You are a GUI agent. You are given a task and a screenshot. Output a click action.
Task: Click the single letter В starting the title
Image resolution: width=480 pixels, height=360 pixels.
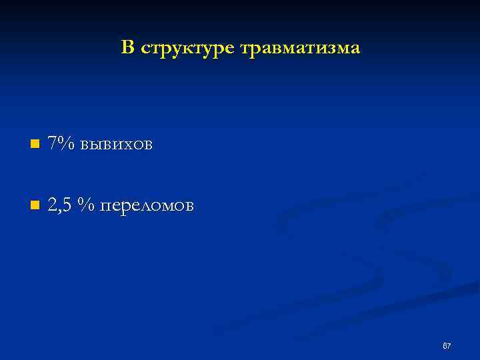point(127,47)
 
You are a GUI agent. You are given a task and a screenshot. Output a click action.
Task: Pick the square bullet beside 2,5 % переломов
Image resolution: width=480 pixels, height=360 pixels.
point(35,205)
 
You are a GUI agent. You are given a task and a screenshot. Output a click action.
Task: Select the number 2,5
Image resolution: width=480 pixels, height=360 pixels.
point(60,205)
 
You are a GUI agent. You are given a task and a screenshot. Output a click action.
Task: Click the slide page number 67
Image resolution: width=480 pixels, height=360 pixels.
point(447,346)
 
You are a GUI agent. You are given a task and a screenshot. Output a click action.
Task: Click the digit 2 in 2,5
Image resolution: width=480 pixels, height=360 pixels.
point(52,205)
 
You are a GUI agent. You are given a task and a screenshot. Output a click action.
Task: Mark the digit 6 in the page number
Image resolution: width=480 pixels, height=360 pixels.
point(445,346)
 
